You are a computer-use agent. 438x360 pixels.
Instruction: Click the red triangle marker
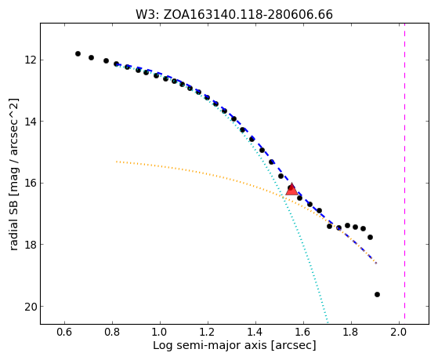291,189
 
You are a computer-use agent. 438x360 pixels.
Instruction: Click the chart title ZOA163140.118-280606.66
248,15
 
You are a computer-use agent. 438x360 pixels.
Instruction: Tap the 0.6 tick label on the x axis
64,332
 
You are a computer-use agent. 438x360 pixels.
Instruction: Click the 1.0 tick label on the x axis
160,332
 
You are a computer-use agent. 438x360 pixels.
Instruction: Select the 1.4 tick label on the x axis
255,332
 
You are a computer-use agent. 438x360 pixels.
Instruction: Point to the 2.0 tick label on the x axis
399,332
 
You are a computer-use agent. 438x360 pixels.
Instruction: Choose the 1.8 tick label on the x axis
351,332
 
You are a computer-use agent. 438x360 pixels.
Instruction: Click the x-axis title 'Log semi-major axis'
210,346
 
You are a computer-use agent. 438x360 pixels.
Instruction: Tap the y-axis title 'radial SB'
13,222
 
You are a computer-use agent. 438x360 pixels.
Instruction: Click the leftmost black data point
78,53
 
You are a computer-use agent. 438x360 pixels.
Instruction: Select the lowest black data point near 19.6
377,295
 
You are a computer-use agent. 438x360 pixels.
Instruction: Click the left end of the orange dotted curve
117,162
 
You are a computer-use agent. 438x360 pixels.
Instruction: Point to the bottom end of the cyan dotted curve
328,323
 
